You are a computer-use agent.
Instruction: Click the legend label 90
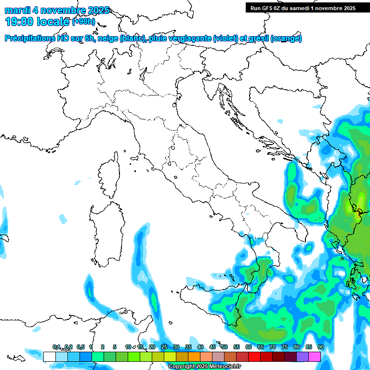320,347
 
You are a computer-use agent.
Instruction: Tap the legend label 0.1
56,347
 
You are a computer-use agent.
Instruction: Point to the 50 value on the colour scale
224,347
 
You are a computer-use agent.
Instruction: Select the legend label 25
164,347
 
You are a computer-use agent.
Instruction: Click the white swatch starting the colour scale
49,357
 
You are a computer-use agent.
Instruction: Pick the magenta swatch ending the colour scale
315,357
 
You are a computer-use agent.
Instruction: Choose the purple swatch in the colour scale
303,357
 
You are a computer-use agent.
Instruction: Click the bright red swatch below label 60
254,357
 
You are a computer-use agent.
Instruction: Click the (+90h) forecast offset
84,22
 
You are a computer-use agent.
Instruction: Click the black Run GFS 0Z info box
303,8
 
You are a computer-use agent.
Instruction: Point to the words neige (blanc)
121,39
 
